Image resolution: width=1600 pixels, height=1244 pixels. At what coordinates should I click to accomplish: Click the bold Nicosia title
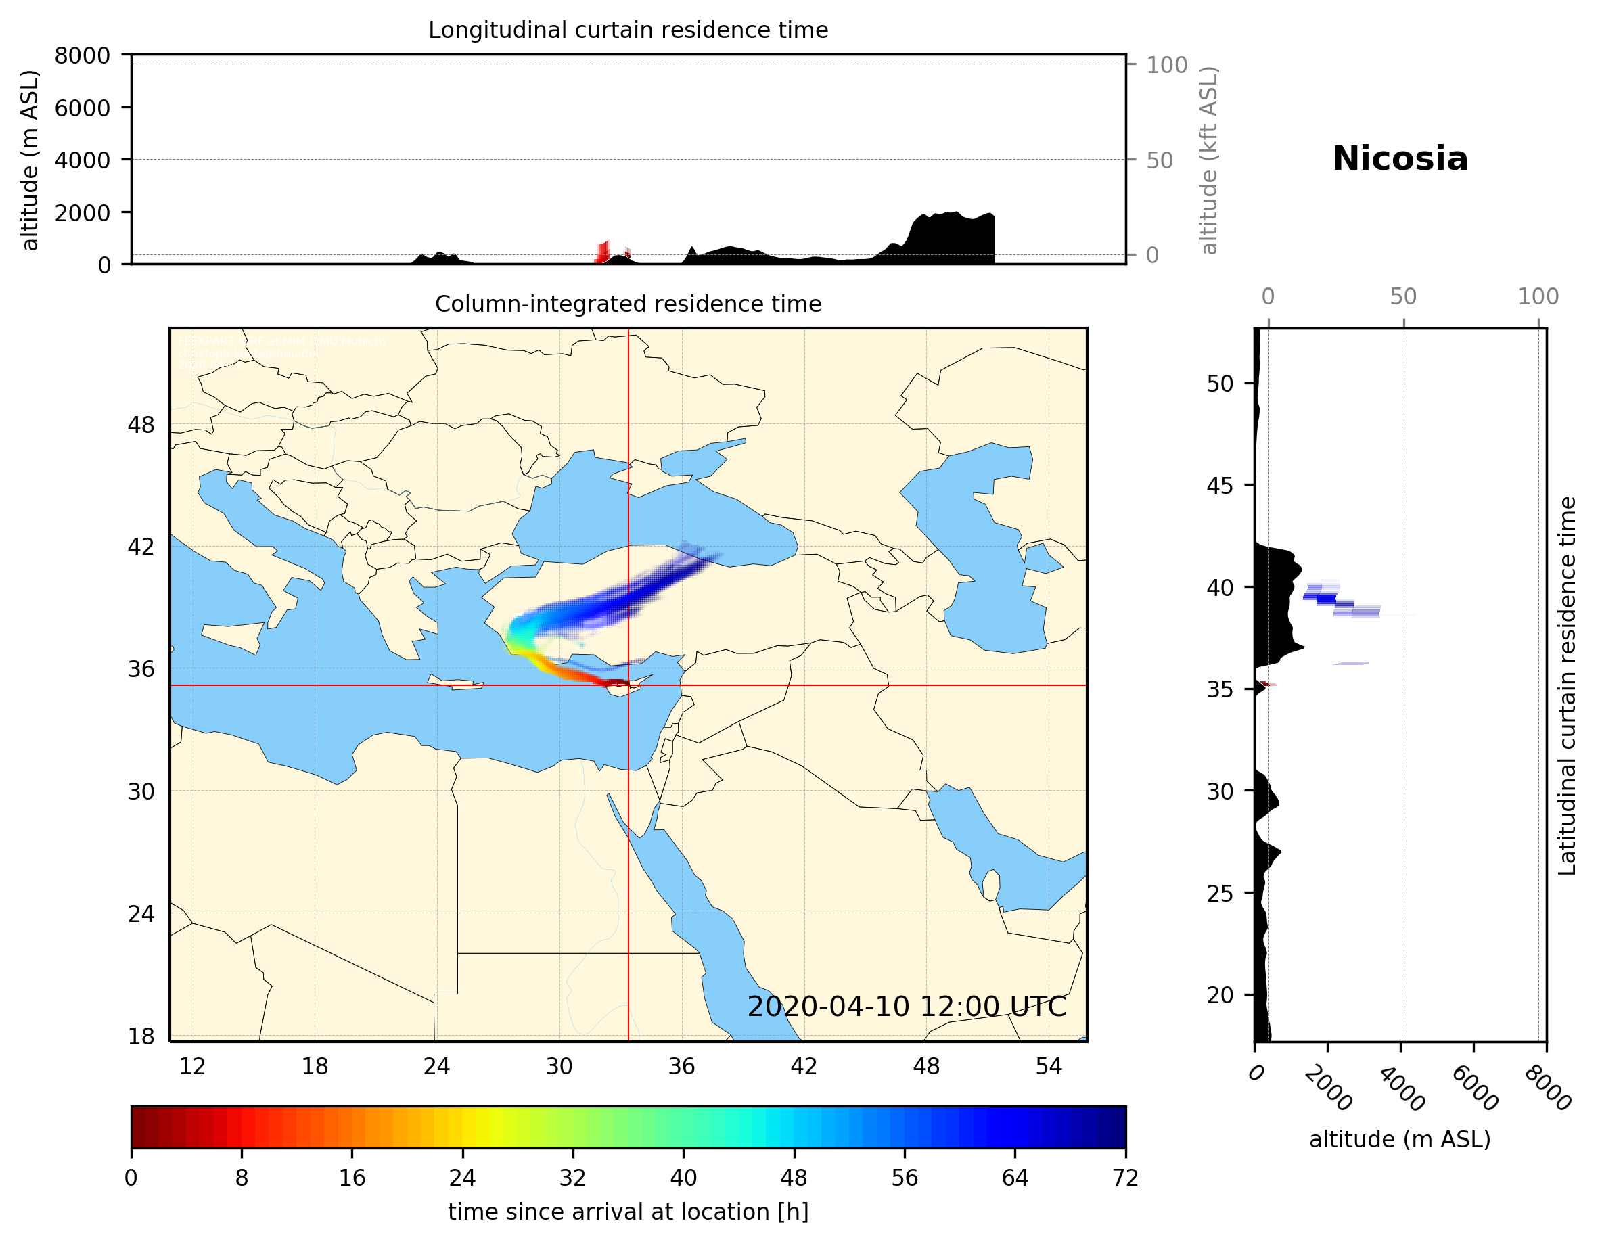(1399, 159)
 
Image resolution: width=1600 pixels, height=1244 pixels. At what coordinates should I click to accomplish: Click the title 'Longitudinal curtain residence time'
(628, 30)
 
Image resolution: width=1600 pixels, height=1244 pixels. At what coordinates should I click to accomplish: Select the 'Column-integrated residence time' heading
(628, 304)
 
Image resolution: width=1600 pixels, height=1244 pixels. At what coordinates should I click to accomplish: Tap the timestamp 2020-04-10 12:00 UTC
(907, 1007)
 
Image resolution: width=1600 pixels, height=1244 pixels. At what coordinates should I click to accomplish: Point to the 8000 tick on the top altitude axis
(82, 55)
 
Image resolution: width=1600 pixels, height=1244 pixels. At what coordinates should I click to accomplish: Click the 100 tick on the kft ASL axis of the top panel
(1166, 65)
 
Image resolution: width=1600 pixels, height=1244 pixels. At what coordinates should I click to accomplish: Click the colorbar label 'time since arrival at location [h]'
(628, 1212)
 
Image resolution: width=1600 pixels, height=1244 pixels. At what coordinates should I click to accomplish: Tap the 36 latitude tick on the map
(141, 669)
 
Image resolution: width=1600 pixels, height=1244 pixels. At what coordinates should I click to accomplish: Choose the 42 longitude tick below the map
(804, 1066)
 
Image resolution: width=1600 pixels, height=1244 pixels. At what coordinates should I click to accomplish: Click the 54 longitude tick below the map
(1049, 1066)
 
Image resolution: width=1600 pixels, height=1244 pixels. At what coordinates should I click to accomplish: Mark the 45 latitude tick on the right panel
(1220, 485)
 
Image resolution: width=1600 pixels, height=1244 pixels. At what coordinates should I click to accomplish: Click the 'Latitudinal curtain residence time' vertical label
(1566, 685)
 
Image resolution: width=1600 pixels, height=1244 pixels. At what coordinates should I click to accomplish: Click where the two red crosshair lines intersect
(628, 685)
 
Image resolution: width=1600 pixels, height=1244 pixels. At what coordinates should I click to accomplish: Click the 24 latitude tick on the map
(141, 914)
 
